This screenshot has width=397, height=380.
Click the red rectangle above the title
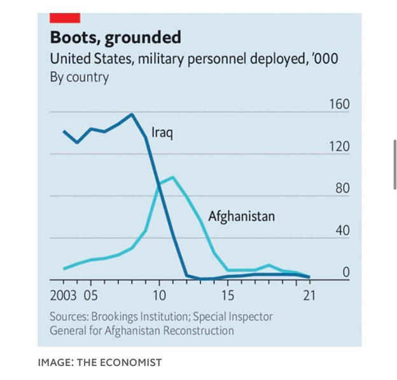pyautogui.click(x=65, y=17)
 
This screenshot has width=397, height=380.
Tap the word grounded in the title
pyautogui.click(x=143, y=38)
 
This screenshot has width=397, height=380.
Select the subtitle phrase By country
pyautogui.click(x=79, y=78)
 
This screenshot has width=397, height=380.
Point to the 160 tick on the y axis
pyautogui.click(x=339, y=104)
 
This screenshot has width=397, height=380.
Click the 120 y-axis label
pyautogui.click(x=339, y=146)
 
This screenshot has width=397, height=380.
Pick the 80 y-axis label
pyautogui.click(x=342, y=188)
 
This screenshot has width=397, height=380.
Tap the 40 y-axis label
pyautogui.click(x=342, y=230)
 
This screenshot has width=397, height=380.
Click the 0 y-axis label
pyautogui.click(x=346, y=272)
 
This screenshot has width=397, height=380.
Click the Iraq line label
pyautogui.click(x=162, y=133)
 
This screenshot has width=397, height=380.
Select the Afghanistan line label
pyautogui.click(x=241, y=216)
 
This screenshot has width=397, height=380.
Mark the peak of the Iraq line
pyautogui.click(x=132, y=115)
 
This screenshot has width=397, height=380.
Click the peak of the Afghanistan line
pyautogui.click(x=172, y=177)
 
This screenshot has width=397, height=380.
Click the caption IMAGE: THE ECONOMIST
pyautogui.click(x=100, y=363)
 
